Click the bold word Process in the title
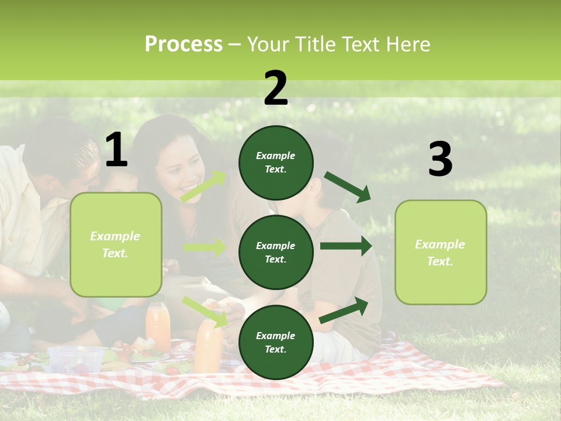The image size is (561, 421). tap(183, 44)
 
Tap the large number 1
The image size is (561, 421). tap(116, 151)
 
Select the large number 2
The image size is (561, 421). tap(276, 88)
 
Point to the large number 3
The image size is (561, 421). tap(440, 160)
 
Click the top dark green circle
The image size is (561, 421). tap(276, 163)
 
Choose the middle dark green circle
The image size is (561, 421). tap(276, 252)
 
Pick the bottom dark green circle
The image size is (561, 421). tap(276, 342)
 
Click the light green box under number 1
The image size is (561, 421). tap(116, 244)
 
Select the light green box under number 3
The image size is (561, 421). tap(441, 253)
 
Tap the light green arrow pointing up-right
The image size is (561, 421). tap(203, 187)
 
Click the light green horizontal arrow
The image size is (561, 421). tap(205, 247)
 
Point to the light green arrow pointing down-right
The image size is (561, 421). tap(205, 311)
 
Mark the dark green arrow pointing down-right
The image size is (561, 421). tap(347, 187)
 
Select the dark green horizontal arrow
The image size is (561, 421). tap(345, 246)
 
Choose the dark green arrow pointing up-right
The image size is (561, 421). tap(344, 310)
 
